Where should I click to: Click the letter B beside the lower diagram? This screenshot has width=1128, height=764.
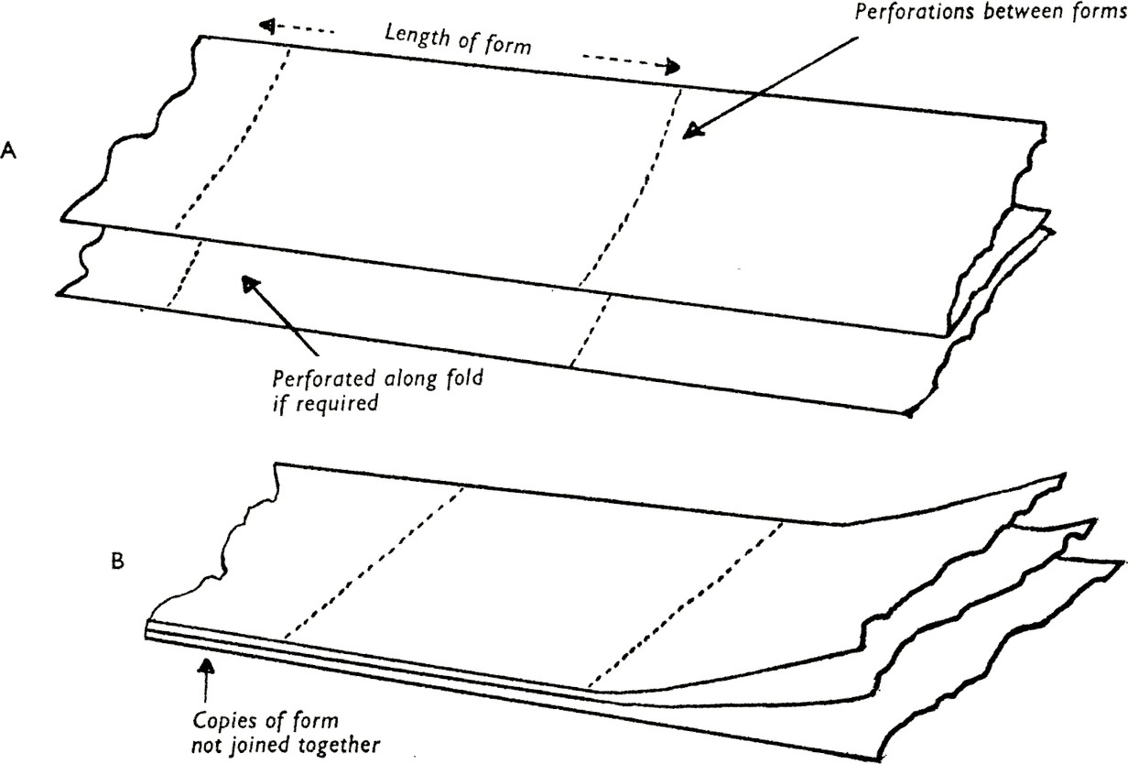click(116, 562)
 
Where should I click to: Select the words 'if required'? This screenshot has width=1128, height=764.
click(325, 403)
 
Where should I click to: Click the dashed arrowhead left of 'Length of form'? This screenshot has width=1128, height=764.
click(267, 25)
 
